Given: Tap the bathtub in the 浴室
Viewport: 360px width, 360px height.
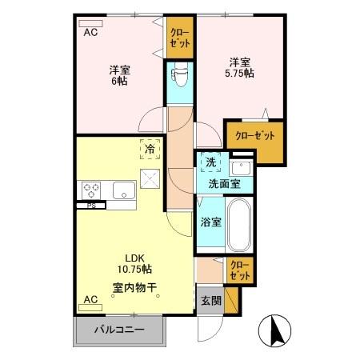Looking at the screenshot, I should tap(239, 224).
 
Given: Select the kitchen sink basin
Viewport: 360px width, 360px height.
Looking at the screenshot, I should tap(123, 190).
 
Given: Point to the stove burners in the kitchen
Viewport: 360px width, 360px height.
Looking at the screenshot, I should tap(90, 190).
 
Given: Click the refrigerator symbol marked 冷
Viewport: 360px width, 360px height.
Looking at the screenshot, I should tap(150, 148).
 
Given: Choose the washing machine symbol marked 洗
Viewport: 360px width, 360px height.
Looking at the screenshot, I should tap(210, 162).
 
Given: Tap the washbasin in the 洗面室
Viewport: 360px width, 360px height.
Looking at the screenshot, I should tap(240, 169).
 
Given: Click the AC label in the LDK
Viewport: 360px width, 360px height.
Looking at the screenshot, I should tap(90, 300).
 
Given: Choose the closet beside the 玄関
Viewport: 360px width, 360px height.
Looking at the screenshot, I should tap(239, 269).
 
